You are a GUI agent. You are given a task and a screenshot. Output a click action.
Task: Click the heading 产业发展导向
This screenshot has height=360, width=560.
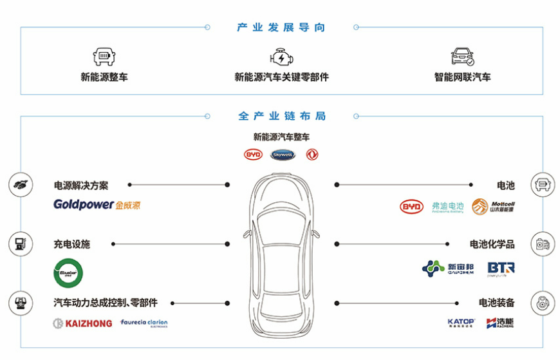point(281,28)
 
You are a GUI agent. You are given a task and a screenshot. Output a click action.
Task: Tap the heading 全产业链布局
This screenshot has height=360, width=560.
point(281,117)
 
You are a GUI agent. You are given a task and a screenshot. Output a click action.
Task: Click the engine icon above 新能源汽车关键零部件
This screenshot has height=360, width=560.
point(281,57)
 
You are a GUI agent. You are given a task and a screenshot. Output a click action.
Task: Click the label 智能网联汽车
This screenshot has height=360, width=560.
point(462,77)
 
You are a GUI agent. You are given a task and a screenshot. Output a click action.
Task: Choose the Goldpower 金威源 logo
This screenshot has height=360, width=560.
point(97,205)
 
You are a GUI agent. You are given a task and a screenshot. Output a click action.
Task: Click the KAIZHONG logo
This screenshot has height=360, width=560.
point(82,323)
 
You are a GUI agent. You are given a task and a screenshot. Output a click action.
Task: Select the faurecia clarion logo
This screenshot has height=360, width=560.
point(144,323)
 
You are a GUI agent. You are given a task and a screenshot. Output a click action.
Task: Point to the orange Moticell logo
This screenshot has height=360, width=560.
point(493,207)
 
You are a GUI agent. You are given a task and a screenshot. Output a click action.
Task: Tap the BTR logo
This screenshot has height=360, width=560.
point(501,268)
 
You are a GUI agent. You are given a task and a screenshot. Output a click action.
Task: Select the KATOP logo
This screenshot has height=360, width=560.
point(461,323)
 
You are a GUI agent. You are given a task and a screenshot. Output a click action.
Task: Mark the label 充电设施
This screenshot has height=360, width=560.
point(72,245)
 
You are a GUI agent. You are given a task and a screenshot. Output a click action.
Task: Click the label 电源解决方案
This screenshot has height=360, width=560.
point(81,185)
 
